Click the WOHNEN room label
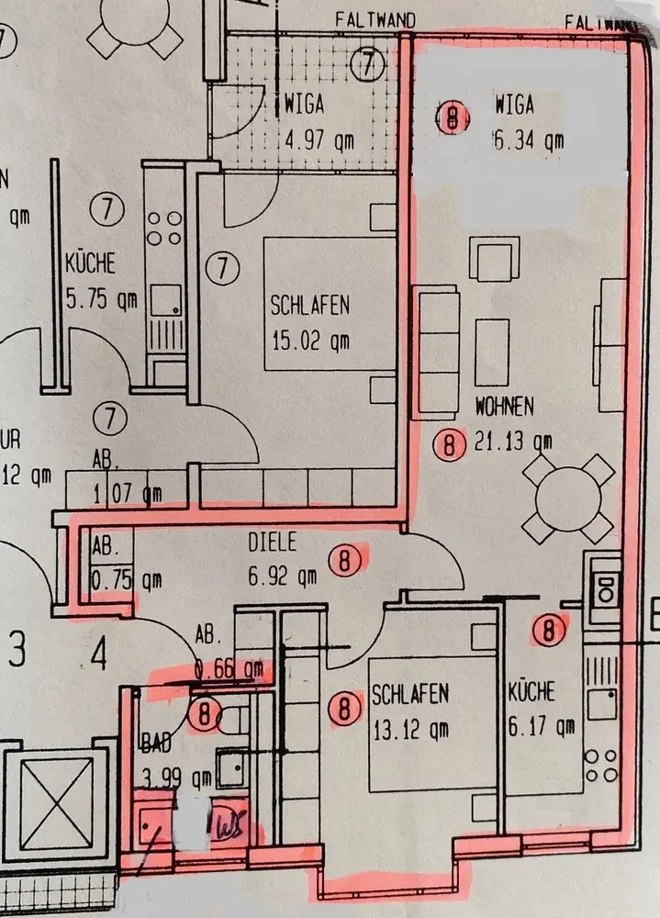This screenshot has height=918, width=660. (x=504, y=405)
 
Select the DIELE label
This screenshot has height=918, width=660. (x=273, y=543)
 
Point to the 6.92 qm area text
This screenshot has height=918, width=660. (x=284, y=577)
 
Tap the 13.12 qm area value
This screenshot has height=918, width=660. (x=410, y=730)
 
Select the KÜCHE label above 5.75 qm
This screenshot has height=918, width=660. (x=90, y=264)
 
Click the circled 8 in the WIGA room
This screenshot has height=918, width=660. (x=452, y=118)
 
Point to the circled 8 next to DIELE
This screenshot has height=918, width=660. (x=345, y=560)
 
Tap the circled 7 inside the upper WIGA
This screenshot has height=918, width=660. (x=368, y=63)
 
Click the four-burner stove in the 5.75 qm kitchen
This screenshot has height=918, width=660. (x=164, y=229)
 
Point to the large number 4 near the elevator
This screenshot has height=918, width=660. (x=98, y=655)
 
